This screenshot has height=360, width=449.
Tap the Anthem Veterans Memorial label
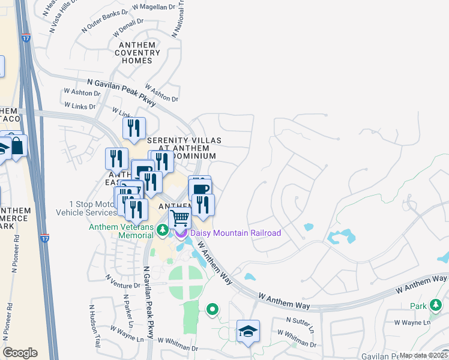click(x=121, y=231)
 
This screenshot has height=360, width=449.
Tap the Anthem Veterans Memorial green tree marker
click(x=161, y=230)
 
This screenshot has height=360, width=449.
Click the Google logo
click(x=20, y=353)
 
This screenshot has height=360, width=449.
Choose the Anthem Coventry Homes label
click(x=139, y=53)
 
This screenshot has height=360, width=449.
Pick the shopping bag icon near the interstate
click(x=17, y=146)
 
